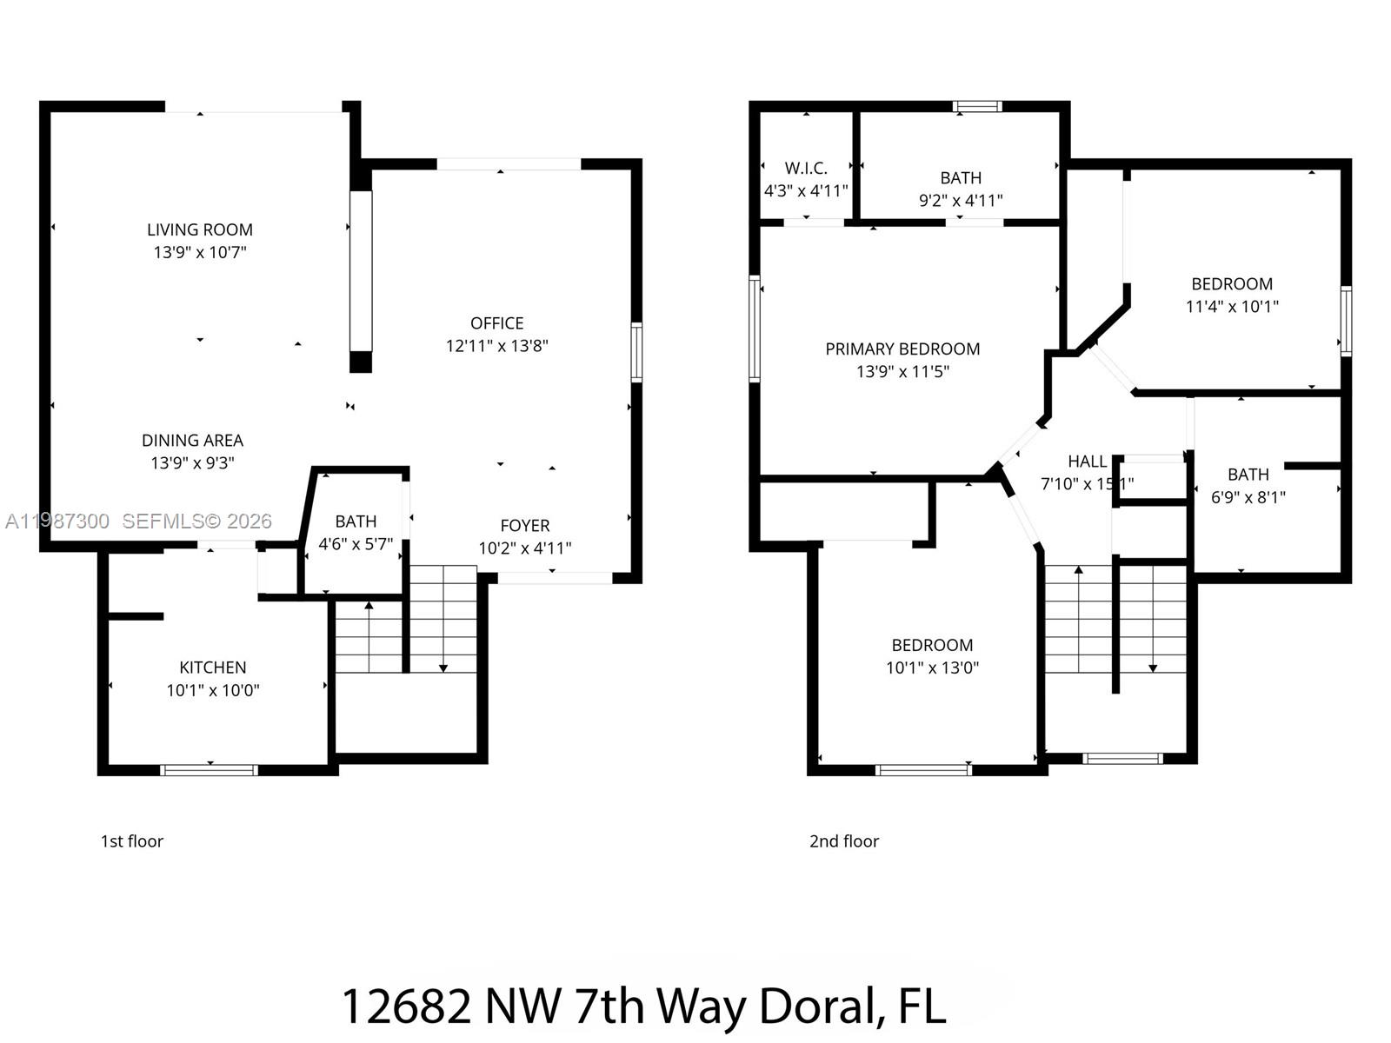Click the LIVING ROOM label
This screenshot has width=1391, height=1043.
pos(199,229)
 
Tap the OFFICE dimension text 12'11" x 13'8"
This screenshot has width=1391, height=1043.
pos(496,346)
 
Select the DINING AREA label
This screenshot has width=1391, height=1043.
pos(192,441)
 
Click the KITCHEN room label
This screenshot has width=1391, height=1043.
pos(212,668)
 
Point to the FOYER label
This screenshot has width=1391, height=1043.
pos(524,526)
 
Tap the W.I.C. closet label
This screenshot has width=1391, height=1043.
pos(806,169)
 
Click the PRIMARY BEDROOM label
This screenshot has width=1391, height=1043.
pos(902,349)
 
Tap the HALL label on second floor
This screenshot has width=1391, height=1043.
pos(1087,462)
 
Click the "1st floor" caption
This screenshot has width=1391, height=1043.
pos(132,840)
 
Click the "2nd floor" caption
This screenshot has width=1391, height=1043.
pos(843,840)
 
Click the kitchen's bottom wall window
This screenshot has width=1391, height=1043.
pos(210,770)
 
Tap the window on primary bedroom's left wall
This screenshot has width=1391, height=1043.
pos(755,329)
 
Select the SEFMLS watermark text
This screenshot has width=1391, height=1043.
pos(196,521)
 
